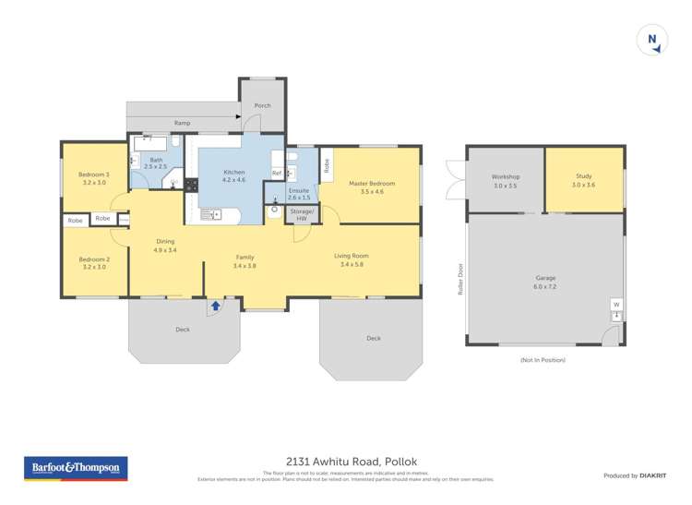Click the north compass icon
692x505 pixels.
point(652,40)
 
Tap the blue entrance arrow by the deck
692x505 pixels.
point(215,305)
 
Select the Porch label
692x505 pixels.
point(263,105)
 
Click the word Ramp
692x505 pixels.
point(182,123)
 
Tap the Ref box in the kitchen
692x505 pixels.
point(276,174)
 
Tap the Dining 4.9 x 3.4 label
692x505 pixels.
point(164,246)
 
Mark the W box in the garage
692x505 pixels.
point(615,304)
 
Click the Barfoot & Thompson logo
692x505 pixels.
point(75,468)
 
